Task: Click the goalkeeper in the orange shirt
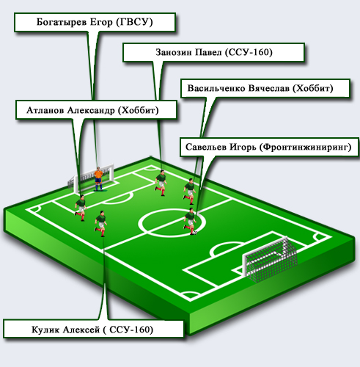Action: (x=98, y=179)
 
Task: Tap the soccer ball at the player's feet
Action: (x=195, y=233)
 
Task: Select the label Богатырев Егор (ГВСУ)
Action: (x=95, y=22)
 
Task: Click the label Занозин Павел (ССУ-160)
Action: (x=214, y=52)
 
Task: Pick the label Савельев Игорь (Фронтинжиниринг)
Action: (x=269, y=147)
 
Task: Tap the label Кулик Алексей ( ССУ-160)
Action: (x=93, y=330)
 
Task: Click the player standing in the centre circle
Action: (x=190, y=222)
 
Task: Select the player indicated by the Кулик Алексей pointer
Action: (x=100, y=224)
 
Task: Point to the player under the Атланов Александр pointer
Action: (x=81, y=208)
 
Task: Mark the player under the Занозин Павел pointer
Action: (x=161, y=183)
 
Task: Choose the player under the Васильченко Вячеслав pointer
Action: (x=189, y=192)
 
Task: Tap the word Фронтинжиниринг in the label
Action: (x=306, y=148)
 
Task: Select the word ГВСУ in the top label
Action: (x=134, y=22)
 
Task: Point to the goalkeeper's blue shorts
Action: (x=98, y=181)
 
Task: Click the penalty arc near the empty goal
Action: (x=226, y=244)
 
